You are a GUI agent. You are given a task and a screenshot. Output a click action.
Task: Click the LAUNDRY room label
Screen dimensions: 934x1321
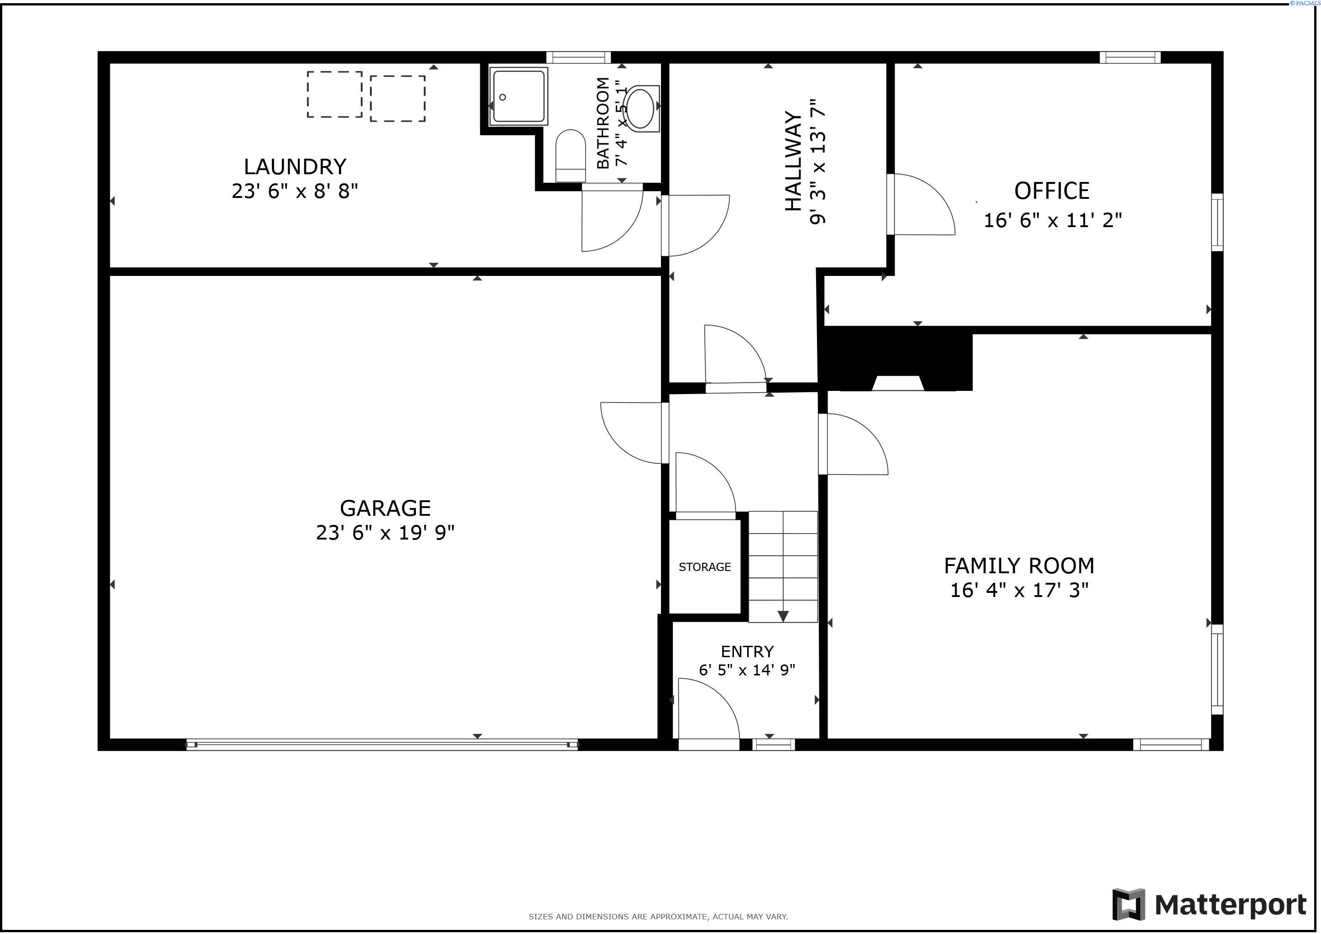point(295,167)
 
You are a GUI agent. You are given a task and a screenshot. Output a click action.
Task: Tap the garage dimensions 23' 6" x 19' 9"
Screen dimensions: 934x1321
point(385,533)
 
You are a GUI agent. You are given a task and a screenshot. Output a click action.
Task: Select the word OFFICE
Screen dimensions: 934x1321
point(1051,191)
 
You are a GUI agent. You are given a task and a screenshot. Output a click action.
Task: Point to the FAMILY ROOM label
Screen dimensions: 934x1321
point(1019,566)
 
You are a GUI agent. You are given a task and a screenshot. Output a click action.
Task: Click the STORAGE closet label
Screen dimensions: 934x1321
point(704,567)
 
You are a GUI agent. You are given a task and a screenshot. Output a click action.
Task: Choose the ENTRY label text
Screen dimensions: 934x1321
point(747,652)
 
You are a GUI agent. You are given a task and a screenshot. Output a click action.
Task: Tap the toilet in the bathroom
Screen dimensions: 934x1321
point(570,155)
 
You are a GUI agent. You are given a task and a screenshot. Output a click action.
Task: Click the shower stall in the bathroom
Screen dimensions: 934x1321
point(518,96)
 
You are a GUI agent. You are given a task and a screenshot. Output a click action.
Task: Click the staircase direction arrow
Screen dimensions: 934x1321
point(782,616)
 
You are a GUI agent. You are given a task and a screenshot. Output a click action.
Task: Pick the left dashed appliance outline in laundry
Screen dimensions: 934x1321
point(334,94)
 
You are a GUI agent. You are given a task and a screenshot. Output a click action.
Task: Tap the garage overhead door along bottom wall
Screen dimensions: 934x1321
point(381,745)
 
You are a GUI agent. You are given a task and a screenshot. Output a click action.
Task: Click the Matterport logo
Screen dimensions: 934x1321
point(1209,905)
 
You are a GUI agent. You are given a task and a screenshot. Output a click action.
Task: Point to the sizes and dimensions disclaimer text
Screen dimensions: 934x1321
point(658,917)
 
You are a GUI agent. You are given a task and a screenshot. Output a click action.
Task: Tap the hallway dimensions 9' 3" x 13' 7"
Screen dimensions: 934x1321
point(817,161)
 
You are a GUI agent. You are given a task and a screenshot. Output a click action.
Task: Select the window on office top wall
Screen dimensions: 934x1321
point(1129,57)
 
